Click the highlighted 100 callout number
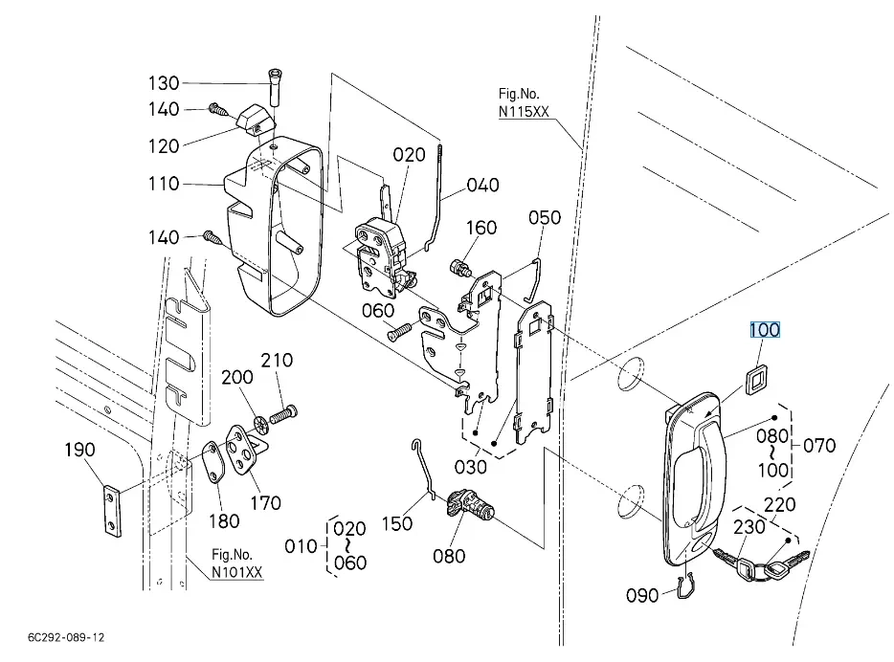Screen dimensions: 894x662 pos(764,330)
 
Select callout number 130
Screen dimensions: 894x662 pos(164,83)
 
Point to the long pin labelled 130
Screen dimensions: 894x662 pos(275,87)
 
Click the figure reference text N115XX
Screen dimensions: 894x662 pos(524,112)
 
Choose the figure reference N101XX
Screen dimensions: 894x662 pos(237,572)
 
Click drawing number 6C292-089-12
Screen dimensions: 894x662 pos(66,637)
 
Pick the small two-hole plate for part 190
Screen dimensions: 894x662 pos(113,511)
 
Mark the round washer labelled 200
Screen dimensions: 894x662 pos(260,424)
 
